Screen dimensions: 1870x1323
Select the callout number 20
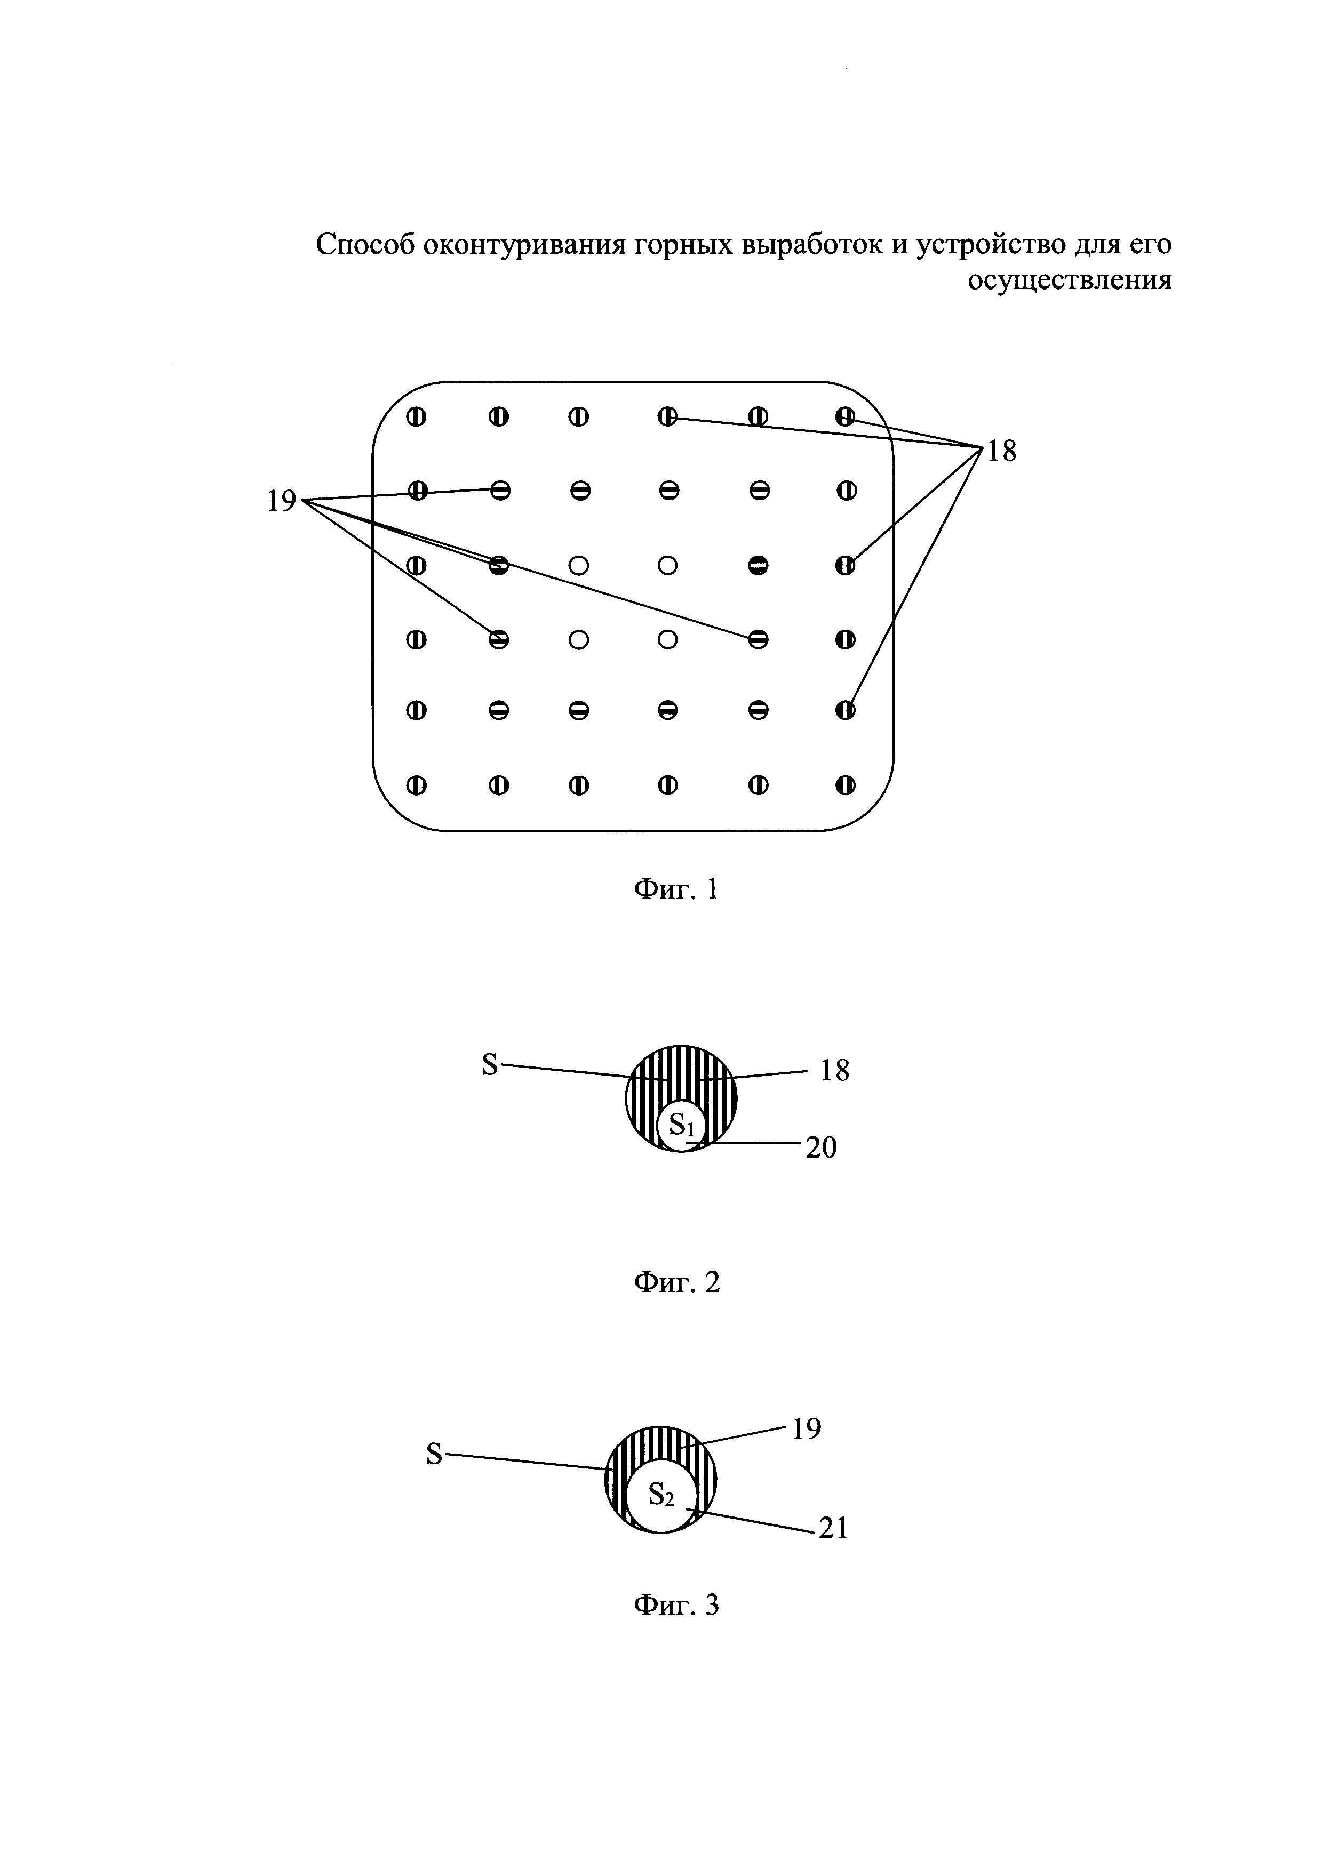coord(821,1149)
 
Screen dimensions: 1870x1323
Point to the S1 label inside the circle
coord(681,1126)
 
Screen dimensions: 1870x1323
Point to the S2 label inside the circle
coord(660,1495)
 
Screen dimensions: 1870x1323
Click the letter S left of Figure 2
coord(490,1064)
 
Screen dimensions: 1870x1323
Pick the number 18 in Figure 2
coord(835,1070)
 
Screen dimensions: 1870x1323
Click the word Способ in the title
coord(364,244)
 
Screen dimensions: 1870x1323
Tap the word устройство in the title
coord(1006,244)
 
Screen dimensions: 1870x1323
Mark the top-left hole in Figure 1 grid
coord(416,417)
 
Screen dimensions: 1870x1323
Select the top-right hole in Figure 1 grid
coord(846,417)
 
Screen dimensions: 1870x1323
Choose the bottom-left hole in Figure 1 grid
coord(416,785)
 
